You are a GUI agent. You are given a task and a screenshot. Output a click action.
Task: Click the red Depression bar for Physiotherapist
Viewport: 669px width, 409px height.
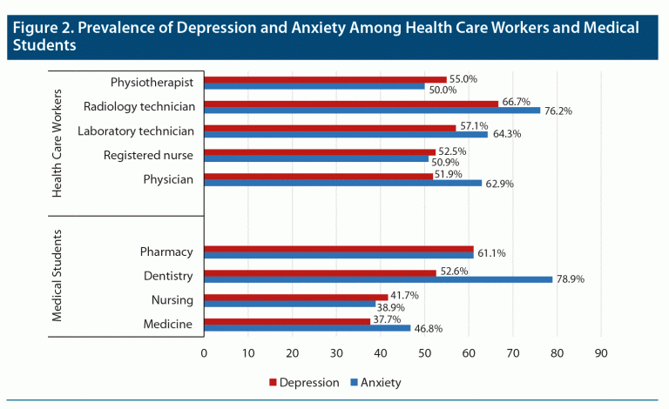(325, 79)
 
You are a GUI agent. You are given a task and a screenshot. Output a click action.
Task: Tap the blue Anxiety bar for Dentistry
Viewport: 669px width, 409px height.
(378, 279)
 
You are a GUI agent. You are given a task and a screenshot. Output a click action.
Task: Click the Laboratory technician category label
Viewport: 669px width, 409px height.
(135, 131)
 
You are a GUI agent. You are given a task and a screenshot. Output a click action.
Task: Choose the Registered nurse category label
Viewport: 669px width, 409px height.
(148, 156)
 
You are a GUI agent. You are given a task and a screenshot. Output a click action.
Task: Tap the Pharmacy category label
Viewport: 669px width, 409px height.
(166, 252)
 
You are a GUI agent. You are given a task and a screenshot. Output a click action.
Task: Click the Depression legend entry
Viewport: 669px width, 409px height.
(302, 381)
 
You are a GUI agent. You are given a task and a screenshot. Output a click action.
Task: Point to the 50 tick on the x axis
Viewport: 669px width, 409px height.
(424, 353)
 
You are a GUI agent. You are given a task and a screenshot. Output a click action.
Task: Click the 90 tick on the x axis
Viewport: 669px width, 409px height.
(601, 353)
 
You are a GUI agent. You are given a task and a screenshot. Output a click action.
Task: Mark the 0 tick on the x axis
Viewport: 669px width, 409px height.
(204, 353)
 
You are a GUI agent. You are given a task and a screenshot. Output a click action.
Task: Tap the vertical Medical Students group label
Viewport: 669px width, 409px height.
(57, 276)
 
